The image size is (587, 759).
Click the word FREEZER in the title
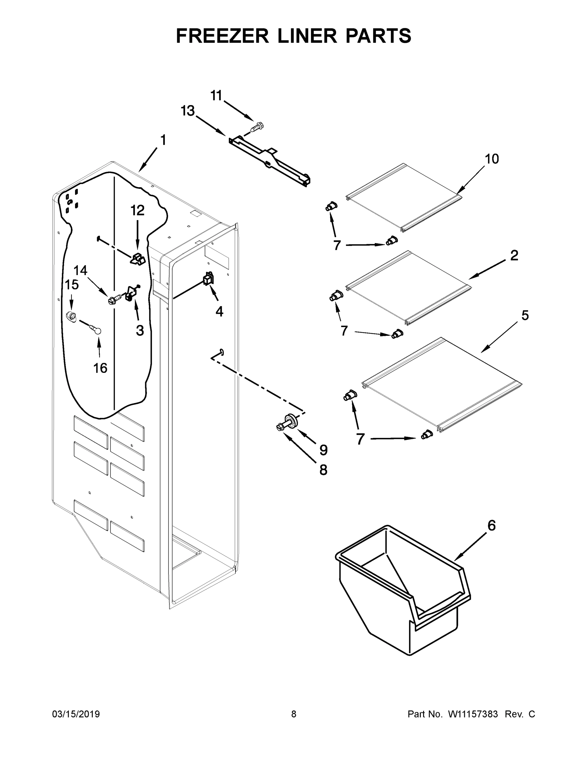coord(222,36)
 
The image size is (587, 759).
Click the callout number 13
coord(188,111)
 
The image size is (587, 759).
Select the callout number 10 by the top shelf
coord(492,159)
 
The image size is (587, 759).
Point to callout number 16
coord(100,368)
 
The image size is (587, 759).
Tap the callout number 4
coord(219,312)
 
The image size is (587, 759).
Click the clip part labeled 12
coord(138,259)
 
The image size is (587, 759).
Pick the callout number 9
coord(323,450)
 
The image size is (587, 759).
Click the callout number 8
coord(323,470)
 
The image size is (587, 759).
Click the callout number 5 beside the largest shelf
coord(525,316)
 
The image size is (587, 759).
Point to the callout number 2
coord(514,256)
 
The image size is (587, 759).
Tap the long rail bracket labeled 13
coord(270,160)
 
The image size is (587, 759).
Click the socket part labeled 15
coord(71,317)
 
